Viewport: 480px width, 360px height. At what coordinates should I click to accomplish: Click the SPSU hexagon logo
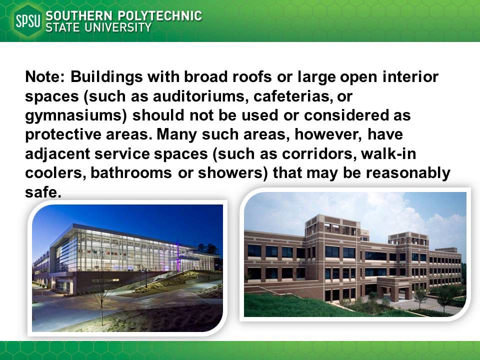click(28, 21)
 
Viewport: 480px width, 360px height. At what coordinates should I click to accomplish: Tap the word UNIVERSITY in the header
click(119, 28)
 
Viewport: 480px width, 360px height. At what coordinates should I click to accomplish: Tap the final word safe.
click(43, 192)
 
